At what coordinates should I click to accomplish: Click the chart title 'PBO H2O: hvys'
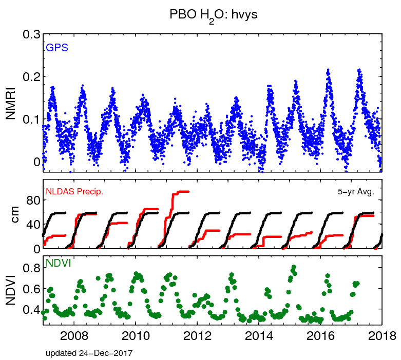[213, 15]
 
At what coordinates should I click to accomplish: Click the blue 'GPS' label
[57, 48]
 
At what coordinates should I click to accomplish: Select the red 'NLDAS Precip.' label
[75, 192]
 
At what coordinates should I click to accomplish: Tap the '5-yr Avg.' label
[355, 192]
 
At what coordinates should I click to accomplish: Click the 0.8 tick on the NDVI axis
[29, 268]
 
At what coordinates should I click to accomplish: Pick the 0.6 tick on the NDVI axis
[29, 289]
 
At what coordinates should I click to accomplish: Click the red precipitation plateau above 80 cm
[181, 192]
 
